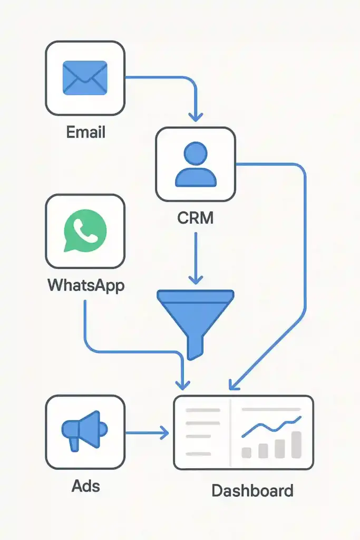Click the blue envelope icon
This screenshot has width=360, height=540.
click(85, 78)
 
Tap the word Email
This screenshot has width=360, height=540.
click(85, 132)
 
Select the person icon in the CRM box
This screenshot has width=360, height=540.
click(195, 165)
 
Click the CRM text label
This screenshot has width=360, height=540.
click(196, 217)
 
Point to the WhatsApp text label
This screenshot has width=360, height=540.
click(86, 285)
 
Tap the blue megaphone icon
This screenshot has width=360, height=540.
click(84, 431)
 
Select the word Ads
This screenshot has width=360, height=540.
click(85, 485)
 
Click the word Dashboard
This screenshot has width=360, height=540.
click(252, 491)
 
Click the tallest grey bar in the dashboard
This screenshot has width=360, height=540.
click(296, 445)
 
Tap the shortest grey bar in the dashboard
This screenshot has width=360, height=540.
click(246, 452)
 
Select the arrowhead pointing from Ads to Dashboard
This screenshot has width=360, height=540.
click(164, 433)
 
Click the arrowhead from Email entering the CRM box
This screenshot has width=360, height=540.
click(196, 116)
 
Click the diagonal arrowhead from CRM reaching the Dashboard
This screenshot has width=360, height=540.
click(232, 387)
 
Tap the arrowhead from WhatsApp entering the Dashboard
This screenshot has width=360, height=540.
click(183, 385)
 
